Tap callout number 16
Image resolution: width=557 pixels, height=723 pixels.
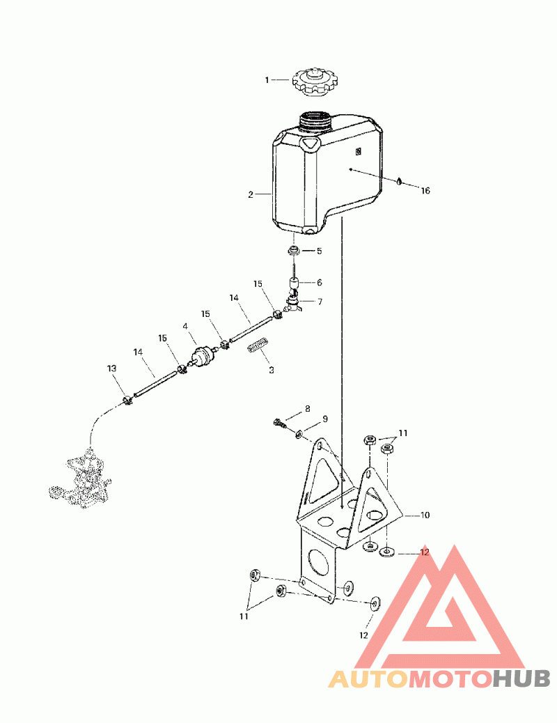click(425, 190)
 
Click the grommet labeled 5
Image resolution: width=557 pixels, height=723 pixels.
click(295, 250)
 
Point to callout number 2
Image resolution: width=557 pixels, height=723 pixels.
click(251, 195)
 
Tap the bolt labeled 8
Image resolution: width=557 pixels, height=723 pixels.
click(279, 422)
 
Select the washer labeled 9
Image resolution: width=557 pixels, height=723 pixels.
click(299, 434)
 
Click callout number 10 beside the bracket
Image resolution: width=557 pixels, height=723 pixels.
click(425, 515)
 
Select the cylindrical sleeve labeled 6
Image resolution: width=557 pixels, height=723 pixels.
click(295, 283)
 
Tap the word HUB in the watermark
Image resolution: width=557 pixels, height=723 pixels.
click(521, 677)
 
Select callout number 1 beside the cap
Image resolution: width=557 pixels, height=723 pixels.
click(266, 80)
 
